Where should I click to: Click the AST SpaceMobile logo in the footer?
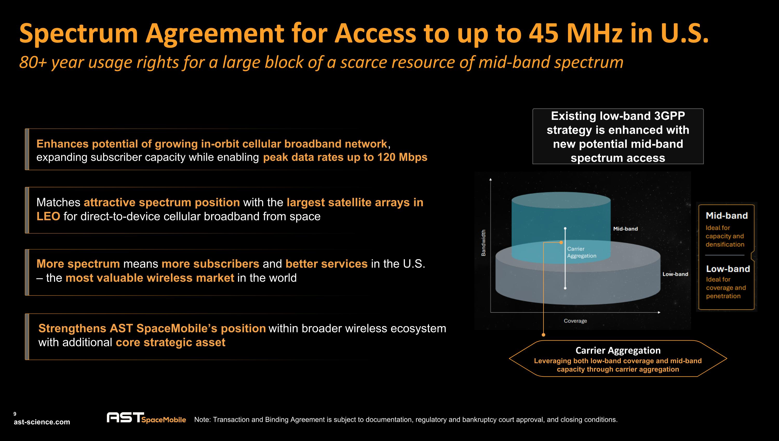(x=146, y=418)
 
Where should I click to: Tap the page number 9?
(x=15, y=414)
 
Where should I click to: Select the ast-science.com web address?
(x=42, y=422)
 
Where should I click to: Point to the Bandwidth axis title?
(x=483, y=243)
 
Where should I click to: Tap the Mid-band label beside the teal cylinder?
(x=625, y=229)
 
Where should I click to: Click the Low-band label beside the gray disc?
(x=675, y=274)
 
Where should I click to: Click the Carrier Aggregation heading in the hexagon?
(x=618, y=350)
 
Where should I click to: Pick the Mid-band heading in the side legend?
(x=727, y=216)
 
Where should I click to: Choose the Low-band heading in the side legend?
(x=728, y=269)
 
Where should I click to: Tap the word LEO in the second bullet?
(x=48, y=216)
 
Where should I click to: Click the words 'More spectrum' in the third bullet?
(x=78, y=264)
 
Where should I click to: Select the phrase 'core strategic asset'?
(x=170, y=342)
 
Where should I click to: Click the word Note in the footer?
(x=202, y=419)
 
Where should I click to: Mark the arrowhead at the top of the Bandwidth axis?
(x=491, y=179)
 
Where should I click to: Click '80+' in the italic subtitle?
(x=33, y=62)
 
